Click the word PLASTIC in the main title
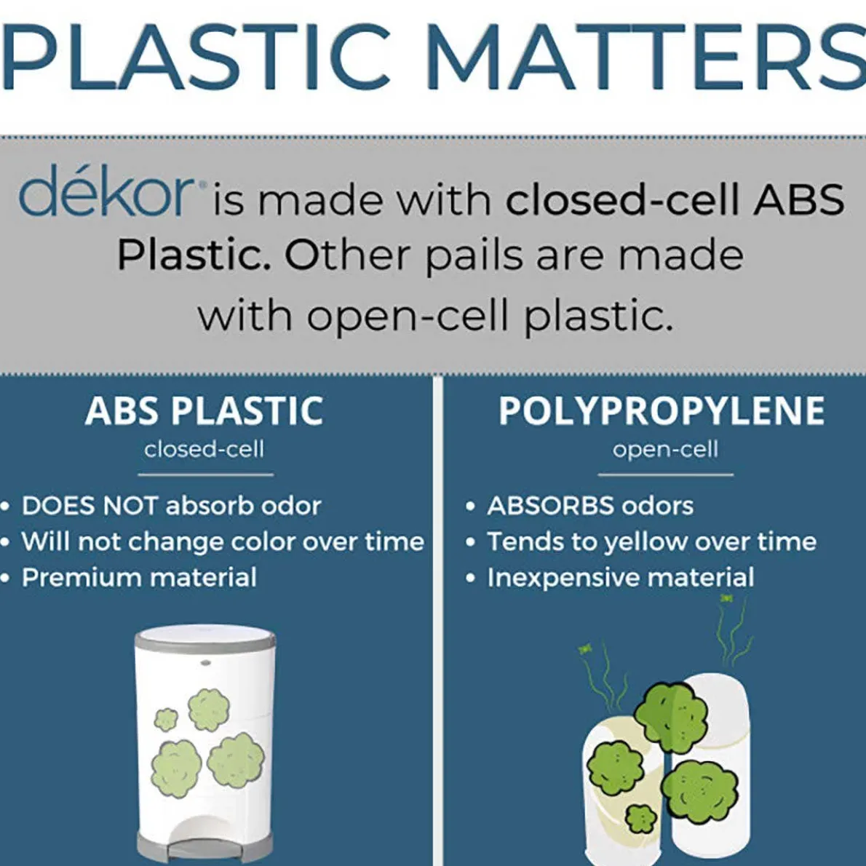pyautogui.click(x=196, y=57)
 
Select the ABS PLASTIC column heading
pyautogui.click(x=204, y=410)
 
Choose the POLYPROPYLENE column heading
pyautogui.click(x=662, y=410)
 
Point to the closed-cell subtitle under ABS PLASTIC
pyautogui.click(x=204, y=450)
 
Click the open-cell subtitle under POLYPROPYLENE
pyautogui.click(x=666, y=450)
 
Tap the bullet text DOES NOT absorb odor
pyautogui.click(x=171, y=505)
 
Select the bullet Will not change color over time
pyautogui.click(x=223, y=541)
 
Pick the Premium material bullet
pyautogui.click(x=139, y=577)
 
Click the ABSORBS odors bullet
pyautogui.click(x=590, y=505)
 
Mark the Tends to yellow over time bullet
pyautogui.click(x=652, y=542)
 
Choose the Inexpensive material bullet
pyautogui.click(x=621, y=578)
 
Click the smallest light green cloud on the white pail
pyautogui.click(x=165, y=718)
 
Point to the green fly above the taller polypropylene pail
pyautogui.click(x=726, y=597)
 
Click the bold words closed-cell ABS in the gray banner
pyautogui.click(x=675, y=200)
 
